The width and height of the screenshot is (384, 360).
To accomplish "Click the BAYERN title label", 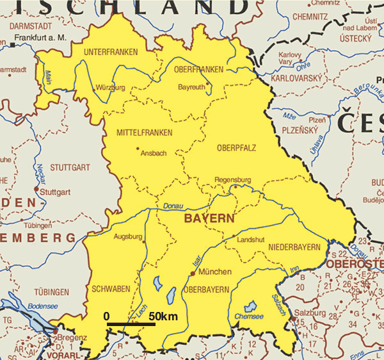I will pyautogui.click(x=209, y=218).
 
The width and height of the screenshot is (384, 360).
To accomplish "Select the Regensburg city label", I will pyautogui.click(x=233, y=180).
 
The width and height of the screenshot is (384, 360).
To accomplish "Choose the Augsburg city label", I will pyautogui.click(x=127, y=237).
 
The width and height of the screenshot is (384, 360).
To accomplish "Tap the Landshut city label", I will pyautogui.click(x=250, y=240).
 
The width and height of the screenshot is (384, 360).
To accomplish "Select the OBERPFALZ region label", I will pyautogui.click(x=236, y=148).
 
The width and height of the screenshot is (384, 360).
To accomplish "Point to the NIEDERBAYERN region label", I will pyautogui.click(x=294, y=247).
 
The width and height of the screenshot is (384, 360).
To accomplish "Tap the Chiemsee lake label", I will pyautogui.click(x=249, y=317).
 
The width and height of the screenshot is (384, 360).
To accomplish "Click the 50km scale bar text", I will pyautogui.click(x=164, y=316).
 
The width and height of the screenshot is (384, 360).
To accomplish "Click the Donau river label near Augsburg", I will pyautogui.click(x=173, y=206).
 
